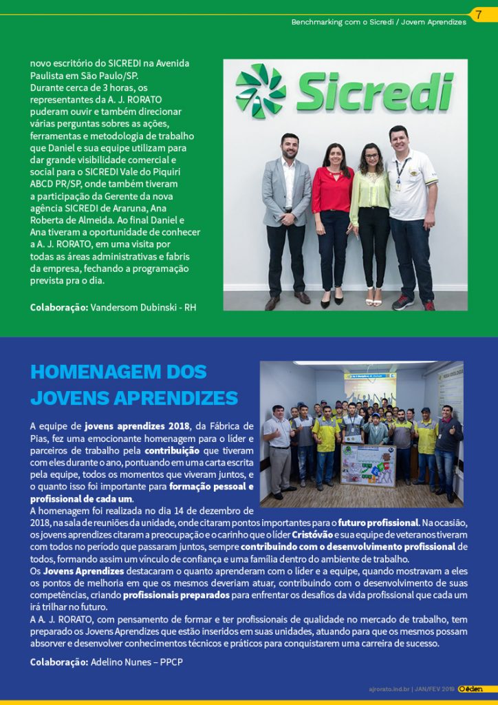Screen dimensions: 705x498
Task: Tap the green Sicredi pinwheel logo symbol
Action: [260, 92]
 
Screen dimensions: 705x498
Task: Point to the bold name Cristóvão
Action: [312, 535]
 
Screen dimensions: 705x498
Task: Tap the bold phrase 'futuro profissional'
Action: [378, 523]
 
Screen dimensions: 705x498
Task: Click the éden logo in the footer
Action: [471, 688]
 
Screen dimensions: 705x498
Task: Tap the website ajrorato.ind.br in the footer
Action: [389, 689]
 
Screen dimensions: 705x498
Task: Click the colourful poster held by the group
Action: [369, 465]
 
